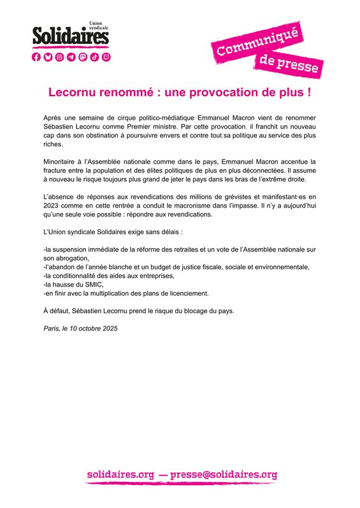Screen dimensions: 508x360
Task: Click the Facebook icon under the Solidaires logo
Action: click(36, 57)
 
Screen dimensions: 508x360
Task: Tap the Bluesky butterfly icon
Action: click(48, 57)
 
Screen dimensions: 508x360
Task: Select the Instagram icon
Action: click(59, 57)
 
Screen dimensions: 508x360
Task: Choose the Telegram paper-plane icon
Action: click(71, 57)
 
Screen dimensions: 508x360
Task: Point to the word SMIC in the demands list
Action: click(91, 285)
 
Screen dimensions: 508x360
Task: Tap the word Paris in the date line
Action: click(50, 328)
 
